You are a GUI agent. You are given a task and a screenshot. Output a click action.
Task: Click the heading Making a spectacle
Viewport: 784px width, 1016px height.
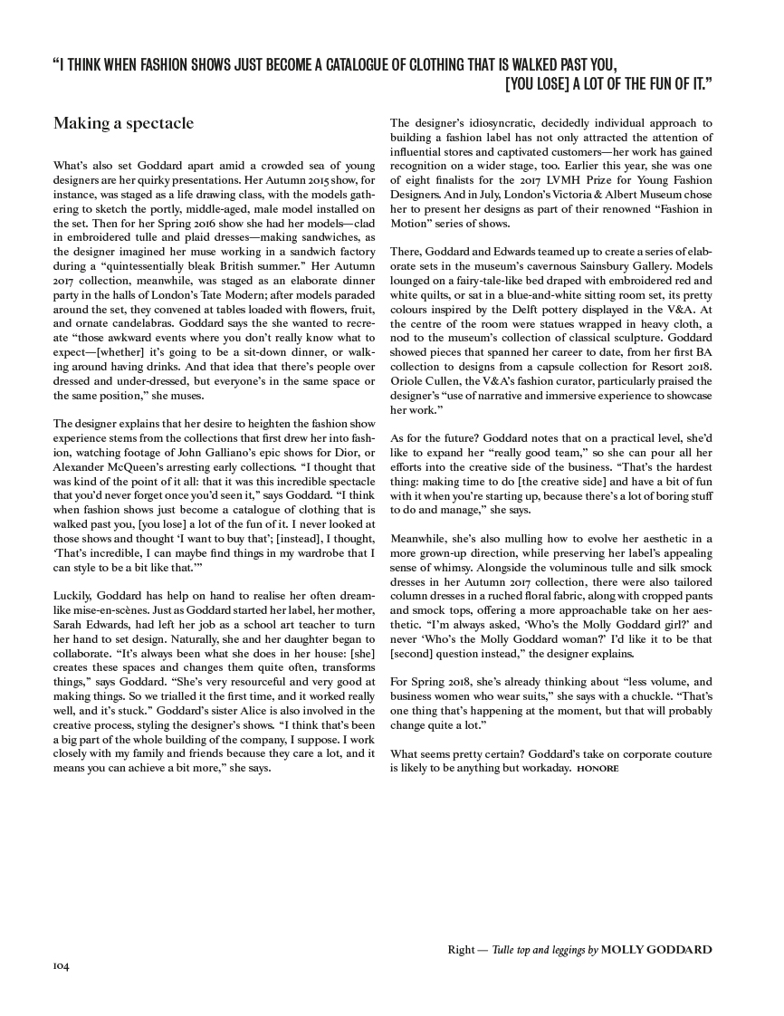[x=123, y=124]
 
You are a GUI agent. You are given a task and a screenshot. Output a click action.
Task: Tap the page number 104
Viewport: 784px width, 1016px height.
[x=62, y=967]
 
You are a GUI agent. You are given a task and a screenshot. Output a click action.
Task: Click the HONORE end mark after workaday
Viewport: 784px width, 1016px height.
[x=598, y=768]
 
